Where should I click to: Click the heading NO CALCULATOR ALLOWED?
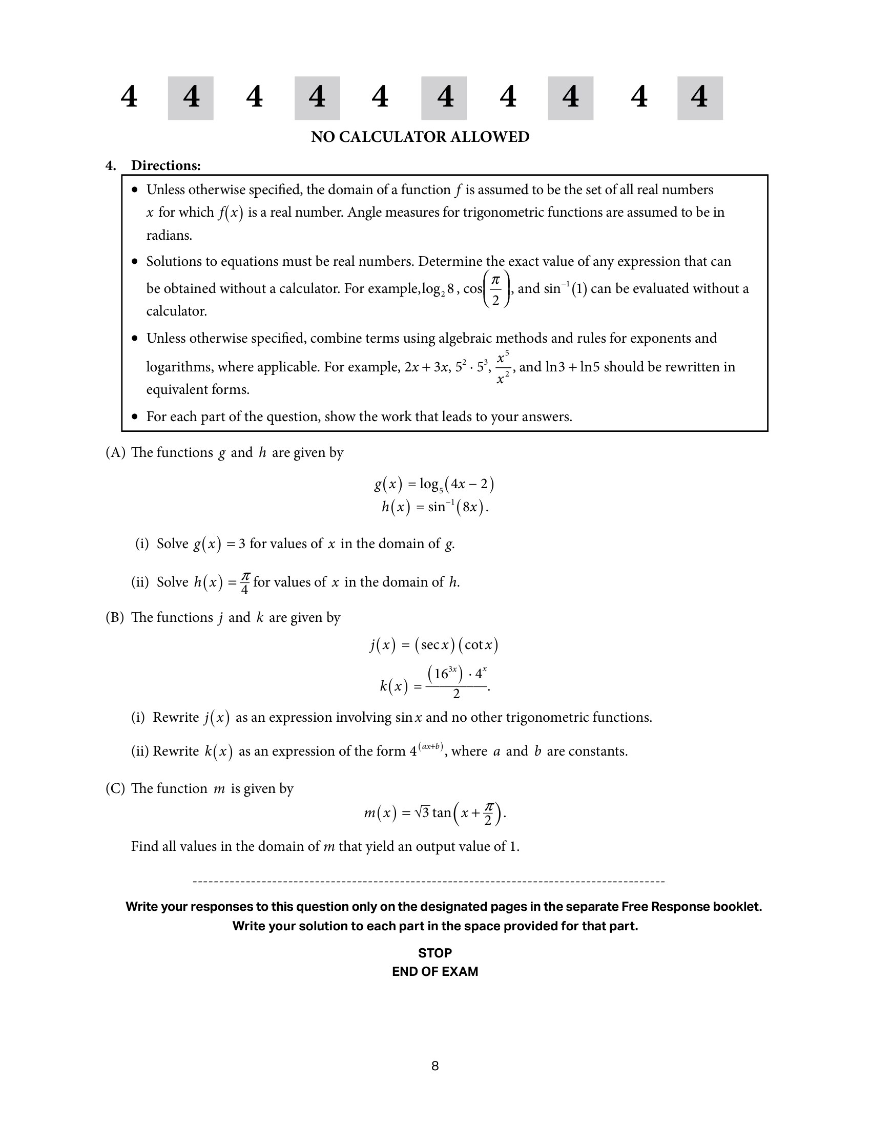click(420, 137)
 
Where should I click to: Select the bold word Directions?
click(165, 165)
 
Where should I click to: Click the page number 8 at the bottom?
click(435, 1066)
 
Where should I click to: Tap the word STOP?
click(435, 953)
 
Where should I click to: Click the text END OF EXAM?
click(435, 971)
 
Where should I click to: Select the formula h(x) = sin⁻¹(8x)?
click(434, 507)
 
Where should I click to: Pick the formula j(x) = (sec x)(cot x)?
click(434, 644)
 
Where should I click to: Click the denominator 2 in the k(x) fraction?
click(456, 695)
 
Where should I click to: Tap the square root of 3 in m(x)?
click(422, 813)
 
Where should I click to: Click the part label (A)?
click(116, 452)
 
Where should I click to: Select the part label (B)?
click(115, 618)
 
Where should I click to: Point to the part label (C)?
click(115, 788)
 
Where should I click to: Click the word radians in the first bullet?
click(169, 235)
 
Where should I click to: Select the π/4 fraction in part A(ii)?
click(245, 583)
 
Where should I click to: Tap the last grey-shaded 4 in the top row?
click(699, 97)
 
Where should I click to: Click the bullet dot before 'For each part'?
click(135, 416)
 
